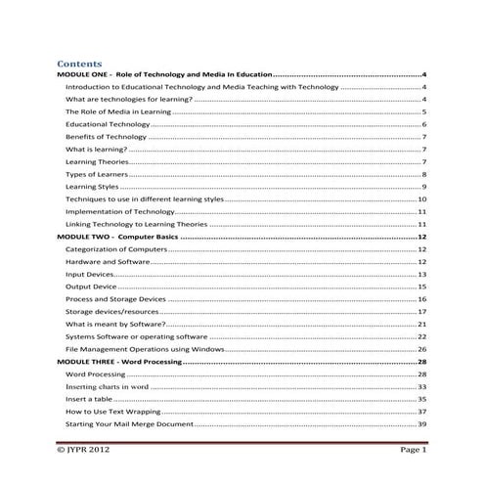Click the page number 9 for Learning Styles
(x=422, y=187)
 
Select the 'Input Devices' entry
(x=90, y=275)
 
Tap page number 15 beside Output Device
(x=421, y=287)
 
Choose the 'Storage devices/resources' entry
(x=111, y=312)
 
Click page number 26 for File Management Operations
(x=421, y=349)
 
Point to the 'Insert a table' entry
(x=91, y=399)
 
